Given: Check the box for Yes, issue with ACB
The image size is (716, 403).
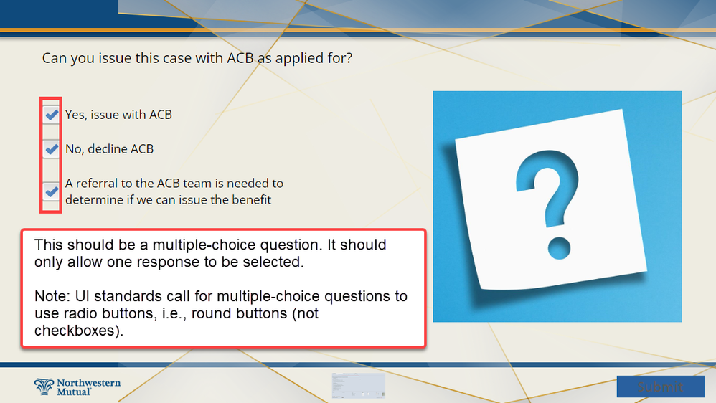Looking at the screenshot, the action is pos(51,115).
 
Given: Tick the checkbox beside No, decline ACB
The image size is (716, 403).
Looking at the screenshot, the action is pos(51,148).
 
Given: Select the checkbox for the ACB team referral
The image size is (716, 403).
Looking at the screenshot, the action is pos(51,191).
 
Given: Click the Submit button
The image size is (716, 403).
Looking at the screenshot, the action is pos(660,387).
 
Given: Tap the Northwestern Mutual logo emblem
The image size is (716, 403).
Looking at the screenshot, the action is pos(44,387).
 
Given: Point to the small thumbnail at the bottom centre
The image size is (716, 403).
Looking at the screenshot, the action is pos(359,386).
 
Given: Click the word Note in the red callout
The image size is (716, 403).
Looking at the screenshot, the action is pos(51,296).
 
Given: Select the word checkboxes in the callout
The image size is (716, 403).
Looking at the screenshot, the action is pos(77,331).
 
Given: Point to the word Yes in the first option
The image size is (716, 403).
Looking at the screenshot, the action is pos(75,115).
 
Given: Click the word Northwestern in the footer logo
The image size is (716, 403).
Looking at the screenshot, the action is pos(88,383).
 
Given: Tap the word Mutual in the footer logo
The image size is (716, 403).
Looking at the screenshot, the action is pos(74,392).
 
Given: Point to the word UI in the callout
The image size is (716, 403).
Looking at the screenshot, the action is pos(83,296).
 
